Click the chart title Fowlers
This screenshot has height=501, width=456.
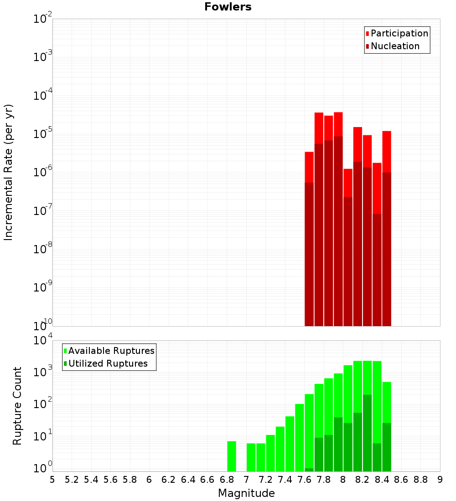[228, 7]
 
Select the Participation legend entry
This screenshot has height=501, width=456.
[399, 33]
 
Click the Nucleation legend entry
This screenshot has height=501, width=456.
[395, 46]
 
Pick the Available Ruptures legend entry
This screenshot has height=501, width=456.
[111, 351]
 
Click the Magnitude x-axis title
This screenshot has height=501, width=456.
[246, 493]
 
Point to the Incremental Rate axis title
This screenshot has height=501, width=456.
[9, 172]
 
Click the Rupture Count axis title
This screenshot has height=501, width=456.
[17, 405]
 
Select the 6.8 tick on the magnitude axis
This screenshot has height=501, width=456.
[227, 480]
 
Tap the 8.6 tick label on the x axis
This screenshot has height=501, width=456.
[401, 480]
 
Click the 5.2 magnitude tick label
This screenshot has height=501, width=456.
[72, 480]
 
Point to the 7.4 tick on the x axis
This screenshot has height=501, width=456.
[285, 480]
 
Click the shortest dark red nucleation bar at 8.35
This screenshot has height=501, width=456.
[377, 270]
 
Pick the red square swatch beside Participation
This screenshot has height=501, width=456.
[367, 34]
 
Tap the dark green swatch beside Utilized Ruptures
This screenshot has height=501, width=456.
[65, 363]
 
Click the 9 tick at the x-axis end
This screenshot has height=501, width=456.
[440, 480]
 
